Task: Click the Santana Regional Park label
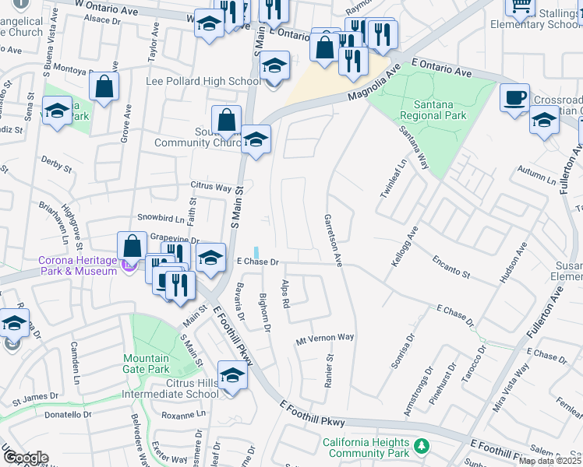tap(433, 109)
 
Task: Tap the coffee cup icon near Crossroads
tap(515, 98)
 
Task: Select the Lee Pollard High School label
tap(203, 82)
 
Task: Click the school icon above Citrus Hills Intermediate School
tap(232, 376)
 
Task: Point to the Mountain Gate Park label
tap(146, 363)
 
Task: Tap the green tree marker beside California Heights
tap(422, 445)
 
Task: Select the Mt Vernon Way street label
tap(325, 338)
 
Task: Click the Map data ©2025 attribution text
tap(549, 461)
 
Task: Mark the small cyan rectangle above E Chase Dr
tap(256, 251)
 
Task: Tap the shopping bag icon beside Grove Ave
tap(104, 86)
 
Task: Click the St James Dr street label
tap(36, 402)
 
